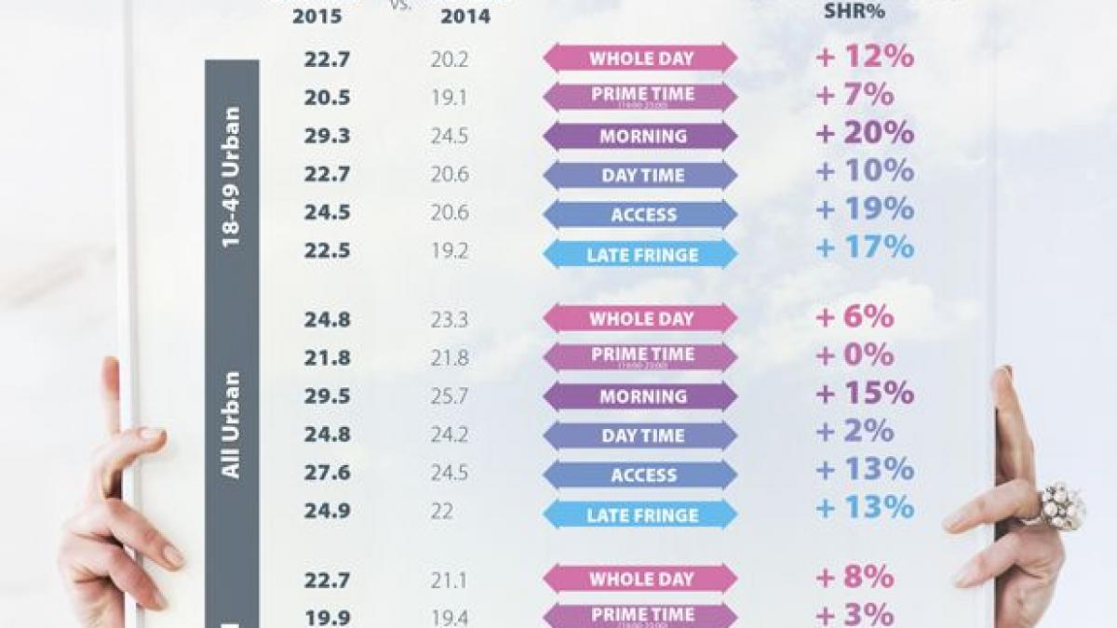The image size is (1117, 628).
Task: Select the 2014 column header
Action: (465, 17)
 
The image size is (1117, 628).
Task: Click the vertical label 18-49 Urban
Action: (232, 177)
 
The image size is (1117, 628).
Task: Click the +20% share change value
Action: (865, 134)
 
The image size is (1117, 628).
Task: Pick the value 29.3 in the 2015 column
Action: (326, 136)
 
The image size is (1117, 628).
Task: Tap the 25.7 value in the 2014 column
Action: (449, 396)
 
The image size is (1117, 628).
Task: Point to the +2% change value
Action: (855, 433)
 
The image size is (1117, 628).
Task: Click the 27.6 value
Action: (326, 474)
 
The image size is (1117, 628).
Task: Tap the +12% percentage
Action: (865, 57)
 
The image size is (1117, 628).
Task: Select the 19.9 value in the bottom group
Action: (326, 615)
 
